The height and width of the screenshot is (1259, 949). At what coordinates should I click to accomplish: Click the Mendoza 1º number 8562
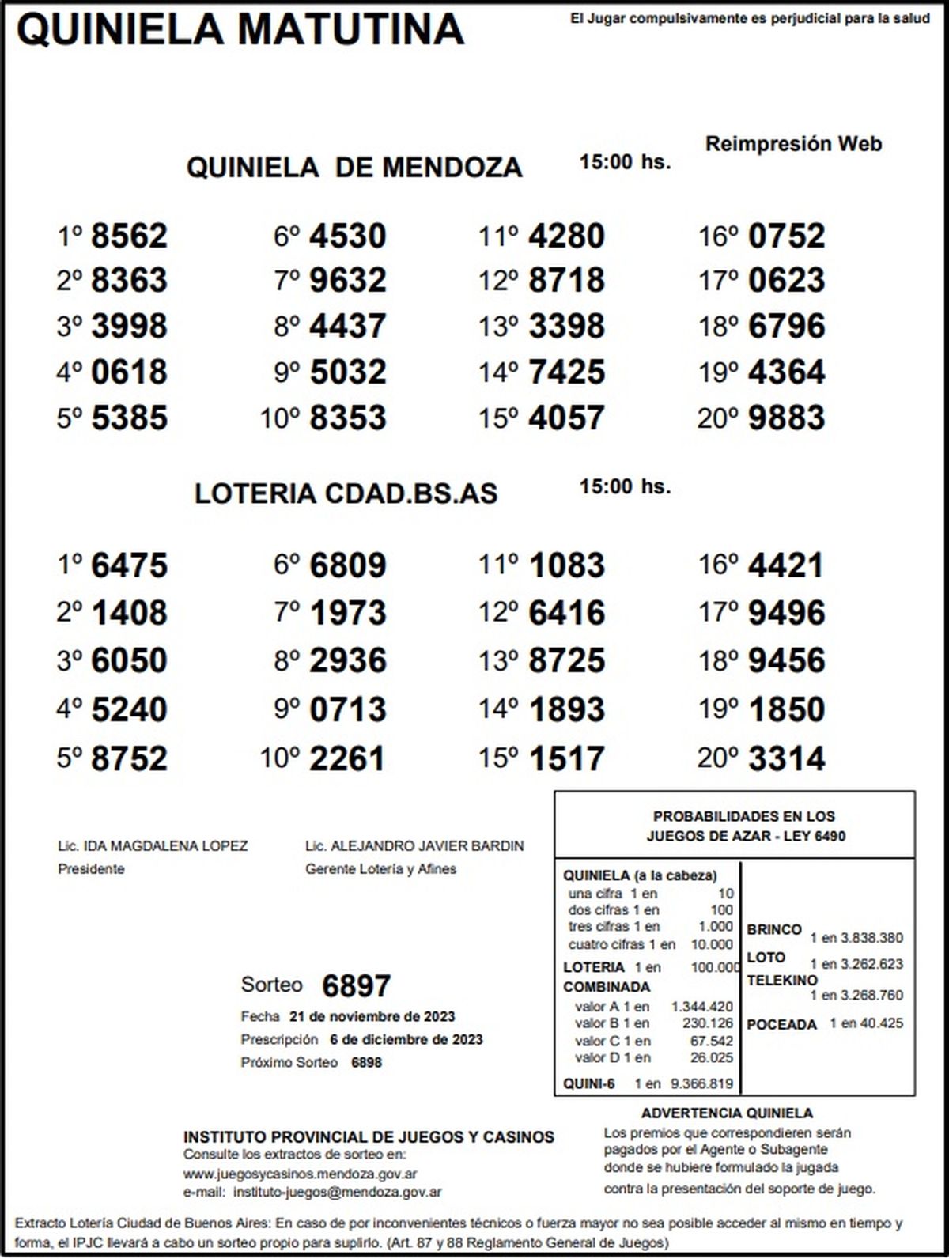point(130,236)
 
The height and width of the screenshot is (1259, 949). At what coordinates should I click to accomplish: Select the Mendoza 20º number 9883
point(786,418)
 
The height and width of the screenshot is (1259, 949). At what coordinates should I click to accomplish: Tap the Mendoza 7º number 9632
point(348,281)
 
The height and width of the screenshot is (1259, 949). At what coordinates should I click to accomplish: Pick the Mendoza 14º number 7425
point(566,372)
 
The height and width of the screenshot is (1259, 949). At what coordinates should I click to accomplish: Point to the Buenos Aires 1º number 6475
point(130,566)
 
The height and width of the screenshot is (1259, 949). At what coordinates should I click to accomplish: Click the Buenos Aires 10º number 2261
point(347,759)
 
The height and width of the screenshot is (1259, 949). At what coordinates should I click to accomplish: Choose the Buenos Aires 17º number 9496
point(786,614)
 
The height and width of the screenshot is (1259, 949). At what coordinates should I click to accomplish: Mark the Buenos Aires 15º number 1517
point(566,759)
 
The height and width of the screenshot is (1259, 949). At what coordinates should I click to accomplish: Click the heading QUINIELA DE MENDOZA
point(354,168)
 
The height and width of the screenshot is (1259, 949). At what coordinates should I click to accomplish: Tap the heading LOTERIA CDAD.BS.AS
point(346,493)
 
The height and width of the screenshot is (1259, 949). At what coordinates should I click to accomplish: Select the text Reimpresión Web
point(793,144)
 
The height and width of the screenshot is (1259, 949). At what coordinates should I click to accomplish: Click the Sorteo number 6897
point(357,986)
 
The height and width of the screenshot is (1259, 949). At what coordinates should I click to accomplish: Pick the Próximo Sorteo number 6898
point(366,1063)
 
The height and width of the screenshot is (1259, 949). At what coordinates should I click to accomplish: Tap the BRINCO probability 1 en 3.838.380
point(856,939)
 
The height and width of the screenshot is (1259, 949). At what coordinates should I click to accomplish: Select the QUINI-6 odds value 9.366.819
point(701,1084)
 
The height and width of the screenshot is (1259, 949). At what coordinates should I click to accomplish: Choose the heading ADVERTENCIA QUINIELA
point(727,1113)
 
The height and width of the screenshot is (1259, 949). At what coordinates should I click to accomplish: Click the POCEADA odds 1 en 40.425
point(866,1023)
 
